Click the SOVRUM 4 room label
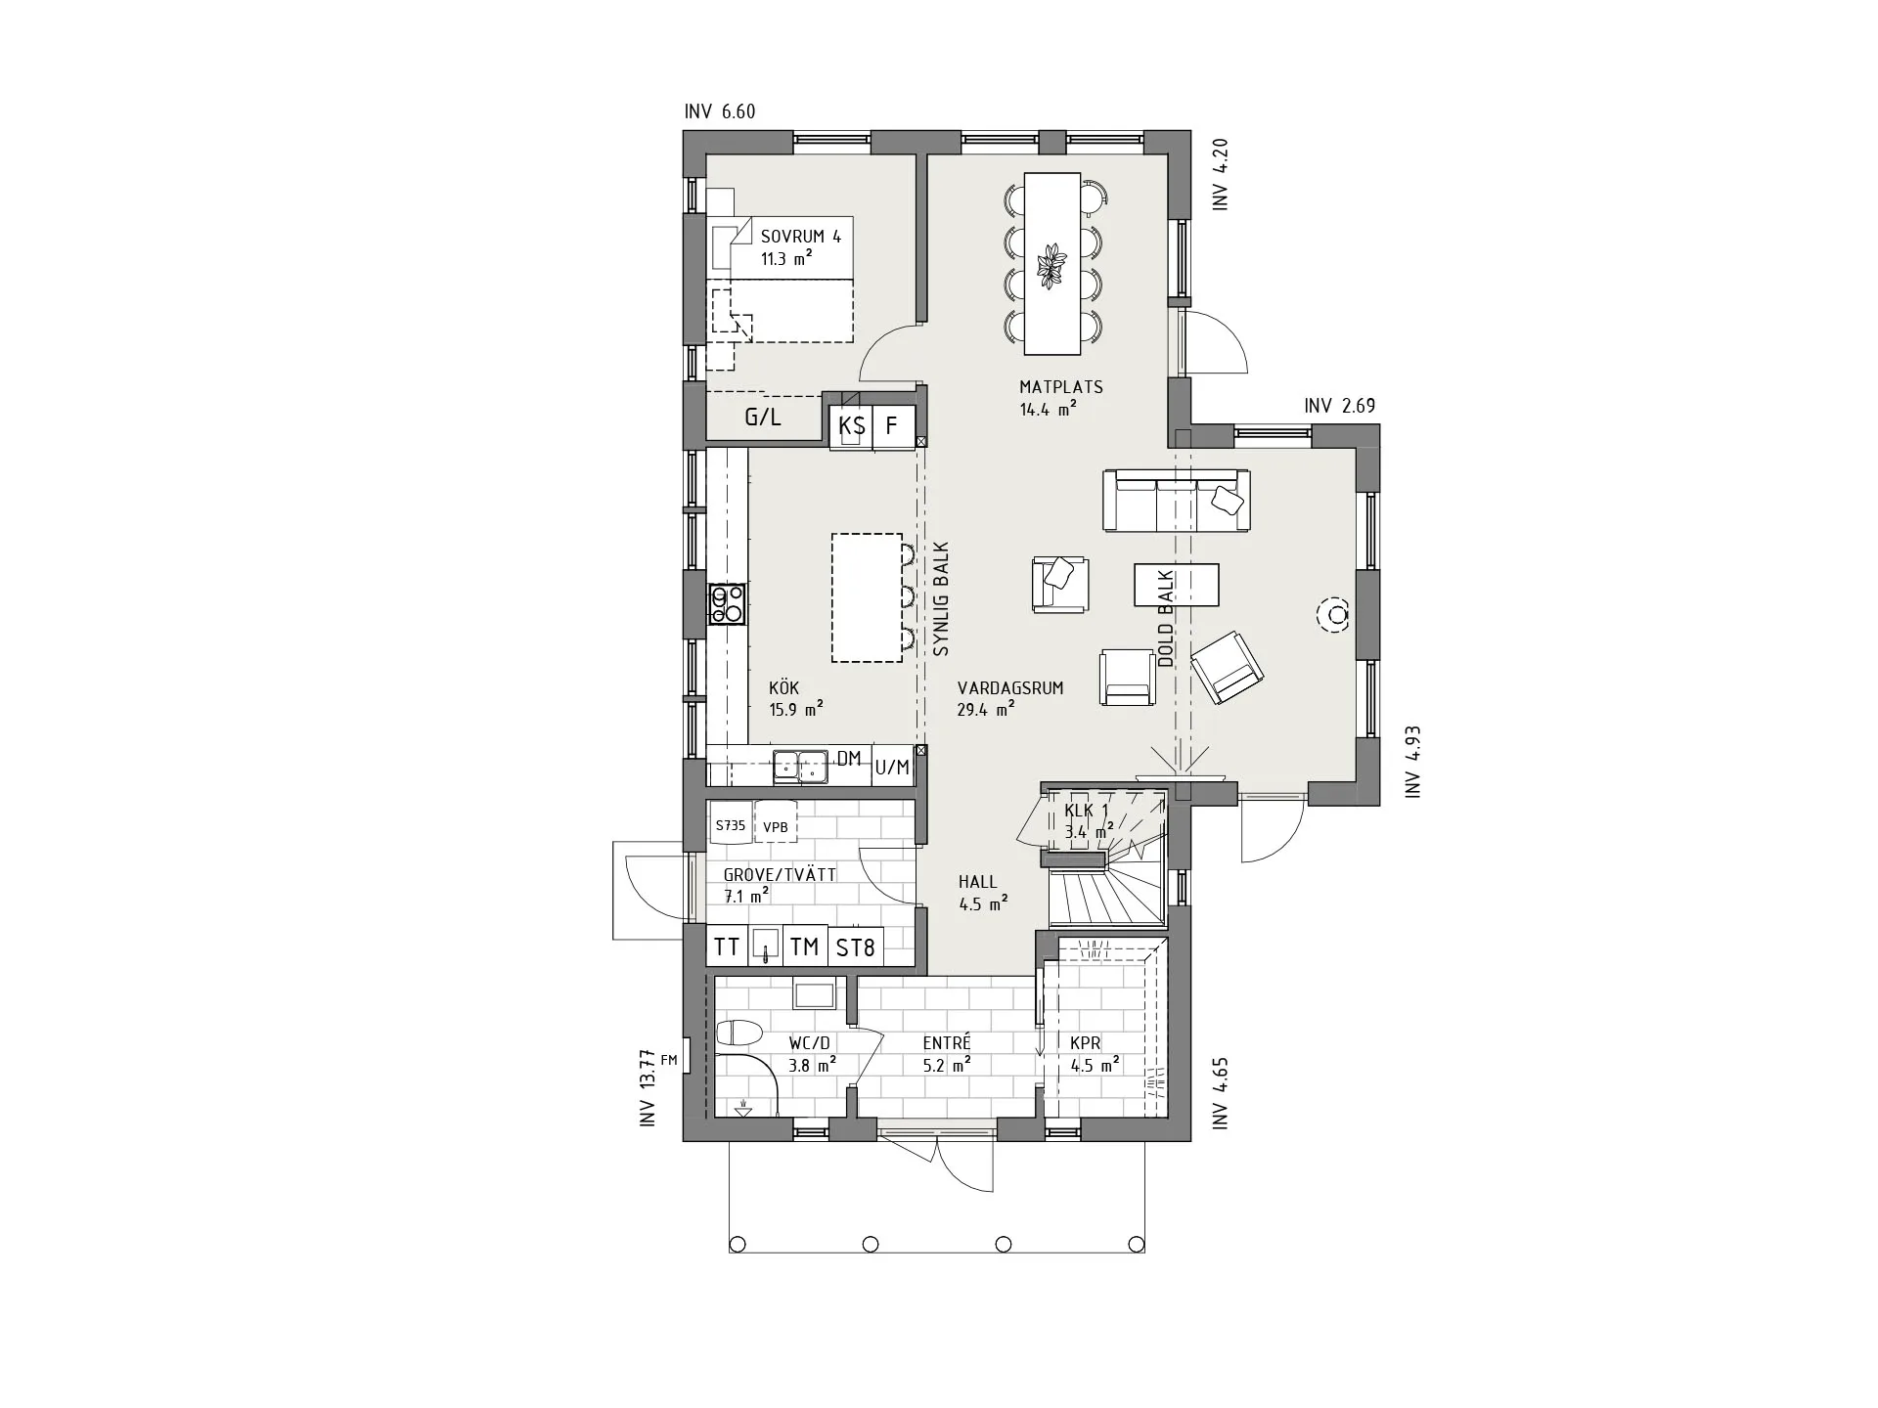tap(800, 237)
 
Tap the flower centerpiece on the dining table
tap(1052, 265)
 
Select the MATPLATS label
tap(1061, 387)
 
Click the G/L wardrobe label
tap(763, 418)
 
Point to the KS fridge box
tap(851, 426)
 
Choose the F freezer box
tap(892, 426)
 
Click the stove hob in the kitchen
tap(727, 604)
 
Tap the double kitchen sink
tap(800, 767)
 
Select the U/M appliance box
tap(892, 768)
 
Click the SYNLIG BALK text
tap(941, 598)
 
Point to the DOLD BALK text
tap(1165, 619)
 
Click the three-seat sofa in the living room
tap(1176, 501)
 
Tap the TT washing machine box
tap(727, 946)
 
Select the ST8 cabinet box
tap(855, 946)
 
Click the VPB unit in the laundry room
tap(776, 826)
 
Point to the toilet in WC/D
tap(738, 1034)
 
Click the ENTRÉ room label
tap(947, 1043)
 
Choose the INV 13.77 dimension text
tap(647, 1088)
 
